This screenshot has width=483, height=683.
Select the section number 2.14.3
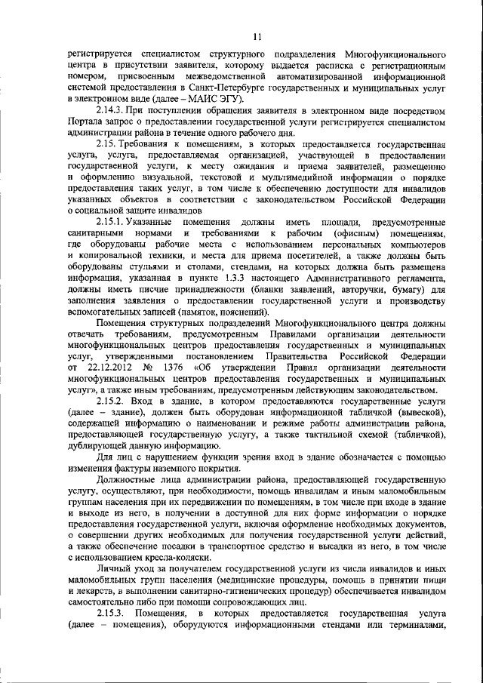110,110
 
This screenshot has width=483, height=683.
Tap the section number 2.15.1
112,220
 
